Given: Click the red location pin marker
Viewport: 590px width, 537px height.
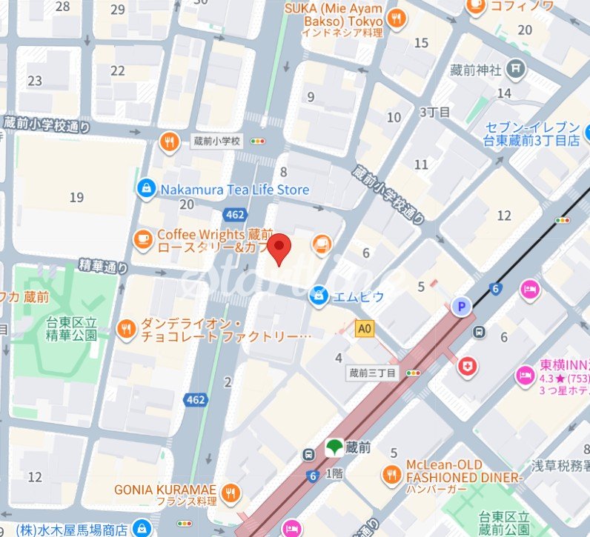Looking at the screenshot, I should (x=279, y=249).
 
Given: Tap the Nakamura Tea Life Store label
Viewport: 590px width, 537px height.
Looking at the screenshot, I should (x=234, y=190).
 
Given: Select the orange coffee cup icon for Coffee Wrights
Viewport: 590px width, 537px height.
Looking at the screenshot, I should (x=142, y=239).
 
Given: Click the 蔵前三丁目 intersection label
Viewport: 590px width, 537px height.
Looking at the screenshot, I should (x=373, y=373).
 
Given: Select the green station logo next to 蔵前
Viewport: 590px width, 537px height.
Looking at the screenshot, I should (x=334, y=448).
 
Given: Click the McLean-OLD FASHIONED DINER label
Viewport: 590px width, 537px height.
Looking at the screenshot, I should (x=454, y=472).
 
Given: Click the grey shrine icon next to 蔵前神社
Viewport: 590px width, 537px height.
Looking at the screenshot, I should (x=516, y=70).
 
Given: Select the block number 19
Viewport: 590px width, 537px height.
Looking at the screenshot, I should (x=76, y=197).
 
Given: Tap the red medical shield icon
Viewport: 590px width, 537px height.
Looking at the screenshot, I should (x=467, y=367).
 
